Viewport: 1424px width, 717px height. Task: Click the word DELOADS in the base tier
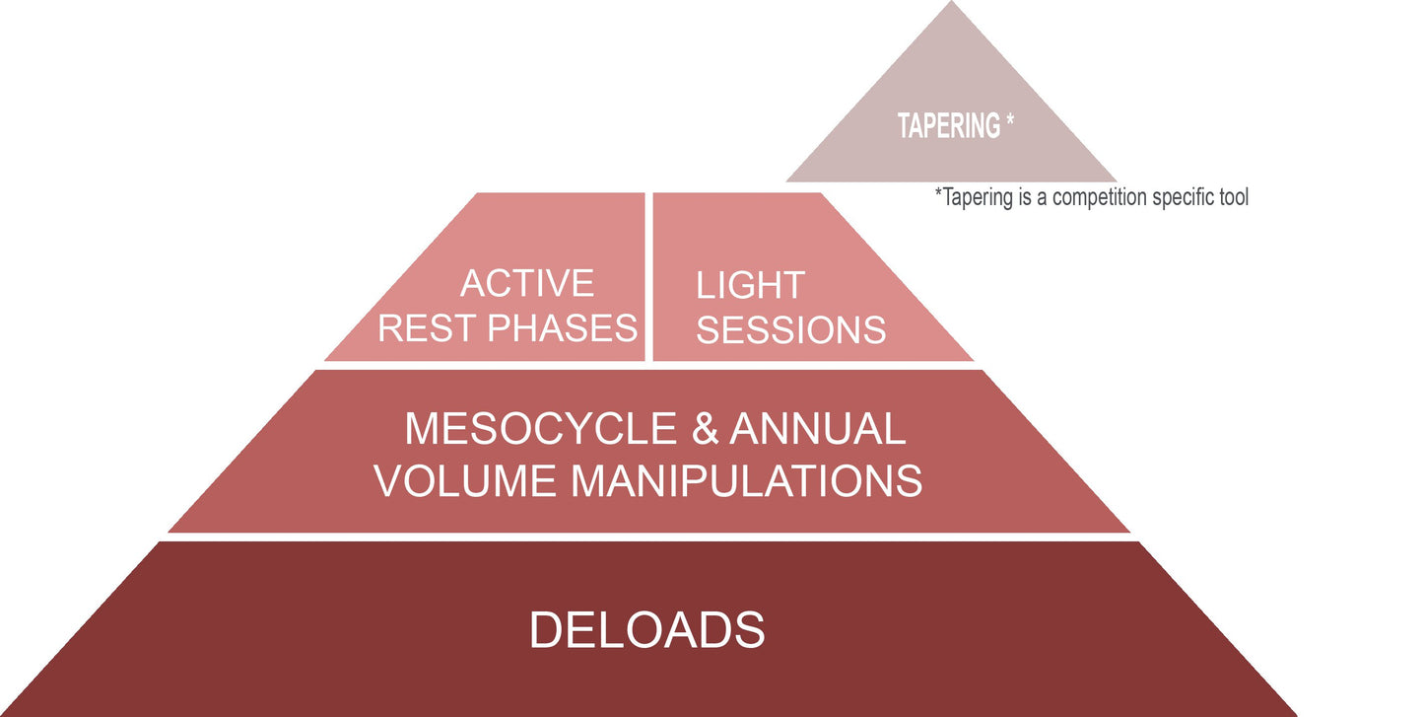[646, 629]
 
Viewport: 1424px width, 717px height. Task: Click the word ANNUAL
[817, 429]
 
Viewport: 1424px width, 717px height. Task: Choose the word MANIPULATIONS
[747, 480]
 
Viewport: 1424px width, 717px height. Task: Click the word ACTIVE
[527, 284]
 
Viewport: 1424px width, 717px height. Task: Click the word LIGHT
[750, 286]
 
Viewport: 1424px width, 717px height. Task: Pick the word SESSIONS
[790, 329]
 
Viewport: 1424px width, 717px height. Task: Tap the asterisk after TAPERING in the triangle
[1010, 122]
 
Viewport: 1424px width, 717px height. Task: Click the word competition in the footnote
[1101, 197]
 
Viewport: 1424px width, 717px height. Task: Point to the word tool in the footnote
[1232, 197]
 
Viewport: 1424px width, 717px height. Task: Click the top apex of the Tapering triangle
[951, 4]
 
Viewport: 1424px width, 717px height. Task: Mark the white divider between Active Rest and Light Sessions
[648, 276]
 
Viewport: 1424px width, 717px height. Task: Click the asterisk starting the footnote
[938, 193]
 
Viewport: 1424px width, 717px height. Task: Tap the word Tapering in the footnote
[977, 198]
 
